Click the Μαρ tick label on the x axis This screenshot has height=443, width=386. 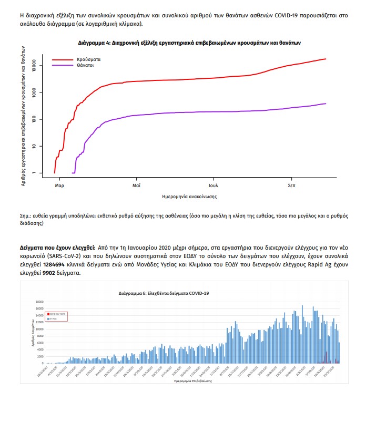(59, 186)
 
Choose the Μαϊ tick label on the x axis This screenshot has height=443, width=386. (136, 186)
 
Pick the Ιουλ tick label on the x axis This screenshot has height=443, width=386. (213, 186)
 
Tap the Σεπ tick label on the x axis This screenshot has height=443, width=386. (291, 186)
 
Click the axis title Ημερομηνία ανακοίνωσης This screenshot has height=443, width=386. (190, 197)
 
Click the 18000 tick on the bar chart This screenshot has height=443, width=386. (39, 302)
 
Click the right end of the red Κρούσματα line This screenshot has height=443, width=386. (326, 59)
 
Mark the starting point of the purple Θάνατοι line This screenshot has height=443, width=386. (72, 173)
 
